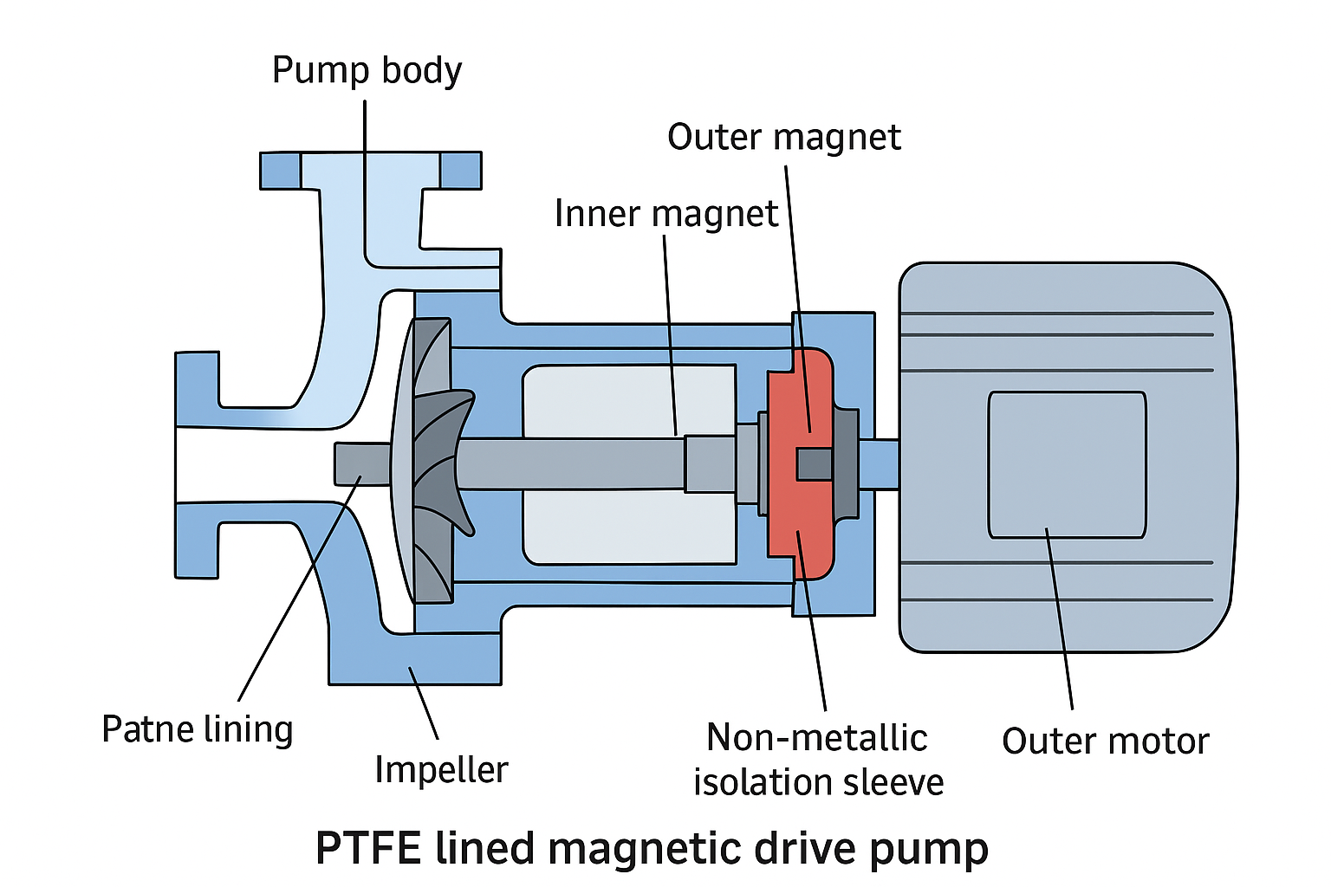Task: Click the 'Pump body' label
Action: click(x=367, y=71)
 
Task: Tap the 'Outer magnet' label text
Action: click(x=783, y=138)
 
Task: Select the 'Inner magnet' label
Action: click(x=665, y=214)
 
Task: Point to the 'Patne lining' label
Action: click(x=198, y=729)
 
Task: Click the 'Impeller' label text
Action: click(x=441, y=770)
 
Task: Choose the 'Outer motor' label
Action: click(x=1105, y=741)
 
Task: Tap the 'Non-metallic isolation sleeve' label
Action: click(x=818, y=760)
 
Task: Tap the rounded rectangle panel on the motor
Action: click(x=1067, y=464)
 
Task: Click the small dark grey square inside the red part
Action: click(x=815, y=464)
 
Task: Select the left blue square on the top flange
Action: click(x=280, y=171)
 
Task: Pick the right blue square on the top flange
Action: click(x=460, y=171)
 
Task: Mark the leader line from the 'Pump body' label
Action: click(x=365, y=173)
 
